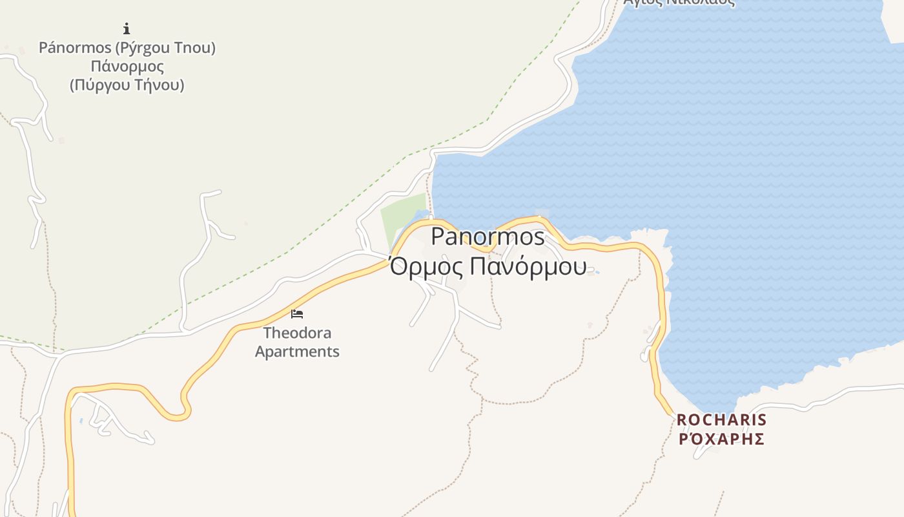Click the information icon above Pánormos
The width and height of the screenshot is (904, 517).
pos(127,28)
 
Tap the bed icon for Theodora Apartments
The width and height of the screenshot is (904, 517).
pos(297,314)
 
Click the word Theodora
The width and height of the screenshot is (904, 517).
pos(297,333)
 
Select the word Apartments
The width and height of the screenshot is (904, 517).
pos(297,352)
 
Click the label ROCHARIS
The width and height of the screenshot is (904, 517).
pos(721,420)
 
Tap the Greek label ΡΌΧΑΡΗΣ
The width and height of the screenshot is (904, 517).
pos(721,439)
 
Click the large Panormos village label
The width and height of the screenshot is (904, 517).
pos(488,237)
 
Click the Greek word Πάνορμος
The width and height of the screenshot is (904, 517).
pos(127,67)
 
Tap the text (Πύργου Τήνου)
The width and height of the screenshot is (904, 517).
pos(127,85)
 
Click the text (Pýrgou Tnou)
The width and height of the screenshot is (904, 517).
pos(165,48)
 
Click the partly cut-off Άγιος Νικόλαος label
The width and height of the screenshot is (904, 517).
pos(679,2)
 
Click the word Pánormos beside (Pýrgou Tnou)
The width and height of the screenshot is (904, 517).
pos(75,48)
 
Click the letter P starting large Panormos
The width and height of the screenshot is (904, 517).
pos(438,237)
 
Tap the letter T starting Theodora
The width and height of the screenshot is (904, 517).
pos(267,333)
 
